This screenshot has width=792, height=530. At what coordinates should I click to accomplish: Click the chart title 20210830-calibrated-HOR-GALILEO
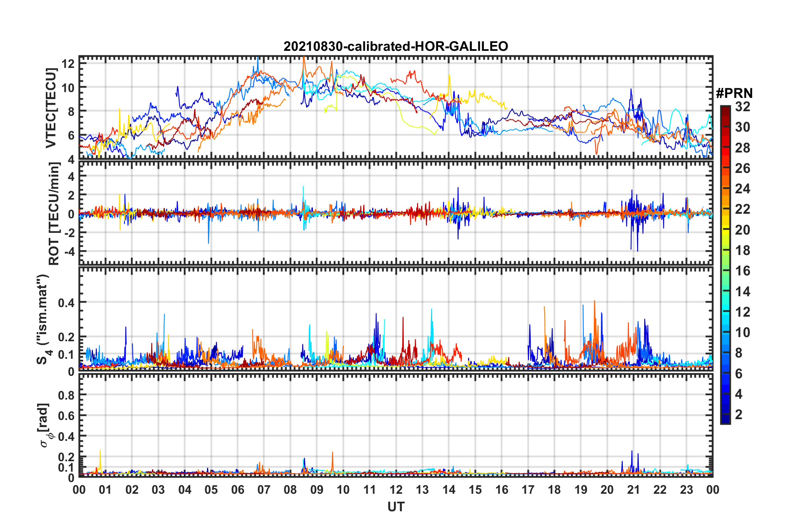tap(396, 46)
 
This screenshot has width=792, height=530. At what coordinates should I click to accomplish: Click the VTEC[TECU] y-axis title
tap(51, 108)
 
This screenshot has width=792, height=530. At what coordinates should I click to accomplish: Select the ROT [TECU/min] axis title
tap(54, 214)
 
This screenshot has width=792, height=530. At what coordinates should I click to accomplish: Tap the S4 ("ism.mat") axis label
tap(43, 319)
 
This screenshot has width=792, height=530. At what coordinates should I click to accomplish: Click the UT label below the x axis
tap(396, 507)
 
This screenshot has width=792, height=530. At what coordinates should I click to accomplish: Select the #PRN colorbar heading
tap(734, 93)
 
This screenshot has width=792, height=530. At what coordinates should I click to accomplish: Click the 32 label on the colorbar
tap(742, 107)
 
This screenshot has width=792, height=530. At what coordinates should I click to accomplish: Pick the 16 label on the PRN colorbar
tap(742, 271)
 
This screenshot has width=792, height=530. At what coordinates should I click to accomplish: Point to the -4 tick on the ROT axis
tap(68, 252)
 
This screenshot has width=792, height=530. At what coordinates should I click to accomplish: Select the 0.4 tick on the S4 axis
tap(66, 303)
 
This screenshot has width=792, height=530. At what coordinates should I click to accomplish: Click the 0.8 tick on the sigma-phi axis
tap(66, 395)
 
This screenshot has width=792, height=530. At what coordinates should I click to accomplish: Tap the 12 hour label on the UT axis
tap(396, 490)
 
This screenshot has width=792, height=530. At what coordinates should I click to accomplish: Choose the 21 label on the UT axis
tap(633, 490)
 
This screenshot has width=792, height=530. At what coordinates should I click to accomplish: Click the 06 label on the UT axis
tap(237, 490)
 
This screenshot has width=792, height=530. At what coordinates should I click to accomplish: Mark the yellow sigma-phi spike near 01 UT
tap(100, 451)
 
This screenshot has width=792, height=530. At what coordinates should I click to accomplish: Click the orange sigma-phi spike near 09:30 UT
tap(332, 453)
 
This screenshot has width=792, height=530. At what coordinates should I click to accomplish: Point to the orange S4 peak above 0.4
tap(594, 301)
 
